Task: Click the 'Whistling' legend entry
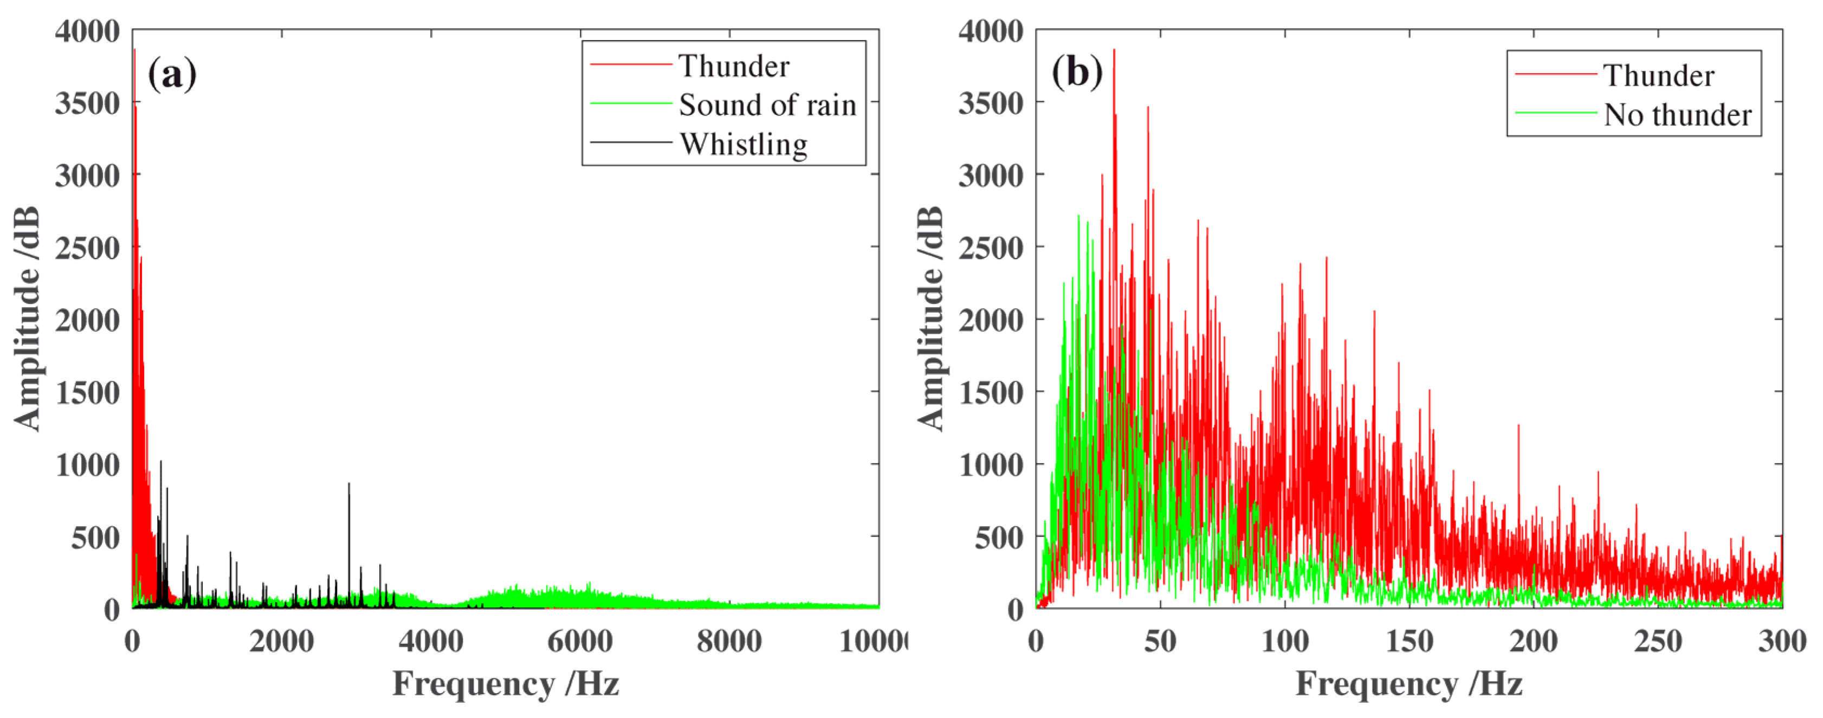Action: point(743,144)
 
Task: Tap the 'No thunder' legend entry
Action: point(1677,114)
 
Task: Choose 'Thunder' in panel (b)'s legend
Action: point(1658,75)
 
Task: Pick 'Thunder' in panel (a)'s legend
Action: point(734,66)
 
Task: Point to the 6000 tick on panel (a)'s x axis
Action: point(580,642)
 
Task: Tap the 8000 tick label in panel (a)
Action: point(729,642)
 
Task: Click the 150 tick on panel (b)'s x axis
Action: point(1409,642)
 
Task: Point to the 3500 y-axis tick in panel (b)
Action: point(991,104)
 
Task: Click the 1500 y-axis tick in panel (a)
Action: point(88,393)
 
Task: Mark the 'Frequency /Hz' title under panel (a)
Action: point(505,684)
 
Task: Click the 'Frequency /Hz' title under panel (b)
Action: point(1409,684)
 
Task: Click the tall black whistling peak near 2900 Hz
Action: point(348,488)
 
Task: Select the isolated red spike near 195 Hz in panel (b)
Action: point(1518,429)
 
